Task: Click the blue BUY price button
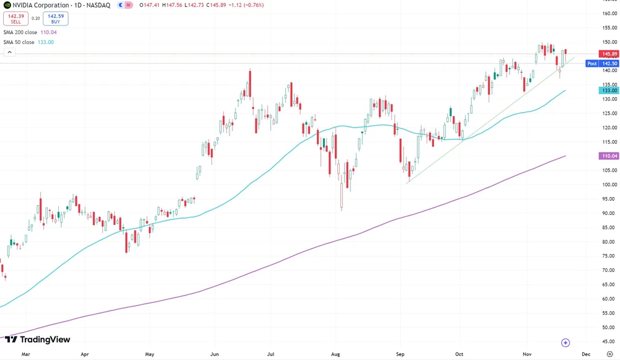pos(56,19)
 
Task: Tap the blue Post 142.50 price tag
pos(601,63)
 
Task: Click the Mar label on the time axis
pos(25,354)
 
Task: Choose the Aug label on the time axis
pos(335,354)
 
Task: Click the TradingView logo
pos(37,340)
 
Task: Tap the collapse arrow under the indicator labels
pos(9,53)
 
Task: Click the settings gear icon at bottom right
pos(609,354)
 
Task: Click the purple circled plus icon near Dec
pos(565,343)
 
